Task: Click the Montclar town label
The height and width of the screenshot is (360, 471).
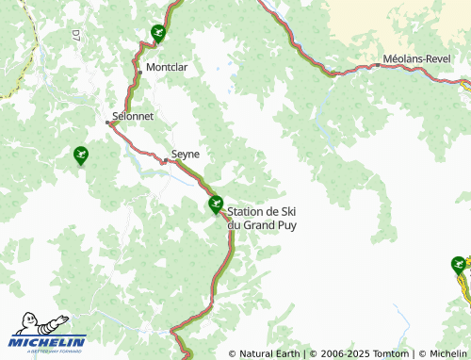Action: pyautogui.click(x=166, y=68)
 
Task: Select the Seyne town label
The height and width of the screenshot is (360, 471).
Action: pyautogui.click(x=186, y=153)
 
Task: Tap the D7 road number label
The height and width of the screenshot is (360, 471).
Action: pyautogui.click(x=76, y=36)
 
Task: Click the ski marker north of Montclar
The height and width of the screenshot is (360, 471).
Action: pyautogui.click(x=157, y=34)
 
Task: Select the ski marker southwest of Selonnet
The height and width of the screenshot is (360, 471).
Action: pyautogui.click(x=81, y=155)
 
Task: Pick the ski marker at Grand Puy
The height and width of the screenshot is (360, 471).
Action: pyautogui.click(x=216, y=203)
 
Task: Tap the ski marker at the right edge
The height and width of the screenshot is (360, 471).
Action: pyautogui.click(x=459, y=265)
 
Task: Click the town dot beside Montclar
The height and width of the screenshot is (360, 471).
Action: pyautogui.click(x=140, y=72)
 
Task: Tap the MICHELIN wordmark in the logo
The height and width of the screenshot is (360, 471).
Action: pyautogui.click(x=48, y=341)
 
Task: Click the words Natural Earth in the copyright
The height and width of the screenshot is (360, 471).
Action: pyautogui.click(x=269, y=353)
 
